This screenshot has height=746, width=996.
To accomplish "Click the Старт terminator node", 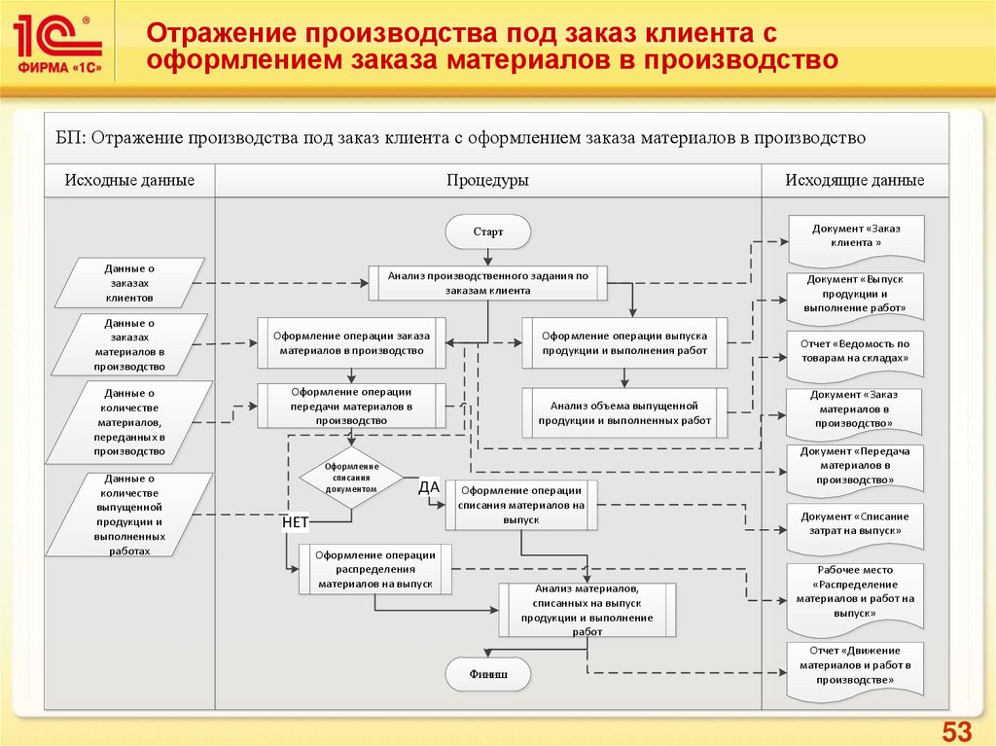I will point(488,232).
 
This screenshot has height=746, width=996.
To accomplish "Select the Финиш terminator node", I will point(488,673).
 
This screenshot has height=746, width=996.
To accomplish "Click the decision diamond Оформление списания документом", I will point(352,479).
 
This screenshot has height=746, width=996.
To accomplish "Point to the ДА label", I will point(430,487).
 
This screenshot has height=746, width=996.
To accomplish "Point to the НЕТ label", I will point(295,522).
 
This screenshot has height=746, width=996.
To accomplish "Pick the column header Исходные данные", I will point(129,180).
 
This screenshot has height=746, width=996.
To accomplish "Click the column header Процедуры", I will point(487,180).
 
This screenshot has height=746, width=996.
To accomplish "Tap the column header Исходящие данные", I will point(855,180).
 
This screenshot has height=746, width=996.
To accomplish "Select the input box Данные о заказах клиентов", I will point(129,283).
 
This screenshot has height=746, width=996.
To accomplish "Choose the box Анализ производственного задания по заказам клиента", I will point(488,283).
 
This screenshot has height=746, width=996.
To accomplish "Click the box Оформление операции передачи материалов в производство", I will point(352,406).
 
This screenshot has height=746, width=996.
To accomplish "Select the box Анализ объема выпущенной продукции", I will point(624,412).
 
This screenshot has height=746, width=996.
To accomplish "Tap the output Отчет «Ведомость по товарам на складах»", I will point(856,352).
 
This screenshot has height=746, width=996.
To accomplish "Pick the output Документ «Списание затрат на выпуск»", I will point(856,525).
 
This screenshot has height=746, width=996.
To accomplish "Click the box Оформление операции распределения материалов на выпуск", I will point(375,569).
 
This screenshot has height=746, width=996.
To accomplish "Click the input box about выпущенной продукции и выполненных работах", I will point(129,515).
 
